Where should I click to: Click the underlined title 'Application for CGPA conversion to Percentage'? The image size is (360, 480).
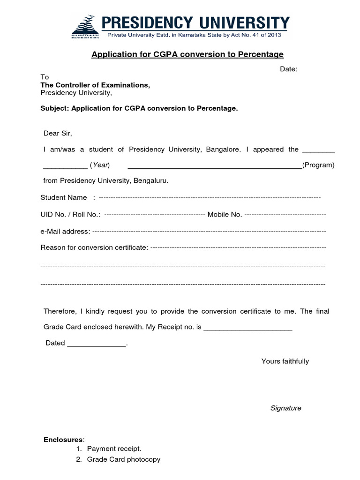coord(187,54)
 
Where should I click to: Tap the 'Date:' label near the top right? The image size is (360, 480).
coord(289,69)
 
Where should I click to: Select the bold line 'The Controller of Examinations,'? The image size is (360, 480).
coord(95,85)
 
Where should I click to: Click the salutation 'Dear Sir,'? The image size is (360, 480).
coord(58,133)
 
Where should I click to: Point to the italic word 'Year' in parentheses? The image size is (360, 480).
coord(100,165)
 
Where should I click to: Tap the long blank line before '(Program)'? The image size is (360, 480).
coord(215,166)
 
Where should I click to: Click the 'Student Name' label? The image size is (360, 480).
coord(64,197)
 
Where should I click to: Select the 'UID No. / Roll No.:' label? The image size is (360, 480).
coord(70,214)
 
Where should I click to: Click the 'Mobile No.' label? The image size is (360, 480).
coord(225,214)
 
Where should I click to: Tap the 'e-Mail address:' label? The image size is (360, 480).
coord(65,231)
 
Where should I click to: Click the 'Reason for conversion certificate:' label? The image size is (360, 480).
coord(94,247)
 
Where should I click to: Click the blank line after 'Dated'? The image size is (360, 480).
coord(97,344)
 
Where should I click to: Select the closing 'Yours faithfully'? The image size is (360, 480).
coord(285,361)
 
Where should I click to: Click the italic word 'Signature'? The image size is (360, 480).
coord(286,408)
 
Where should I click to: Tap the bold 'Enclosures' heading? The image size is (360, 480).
coord(63,440)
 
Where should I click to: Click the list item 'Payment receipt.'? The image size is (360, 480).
coord(114,449)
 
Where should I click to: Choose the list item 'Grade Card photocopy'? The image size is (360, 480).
coord(124,459)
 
